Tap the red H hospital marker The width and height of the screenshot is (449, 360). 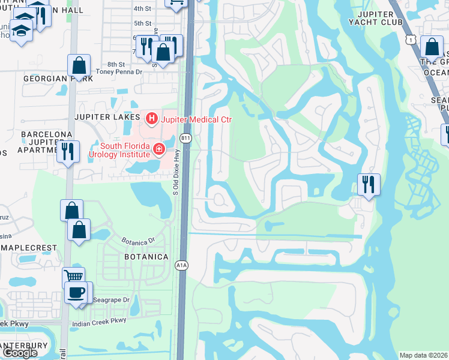coord(151,119)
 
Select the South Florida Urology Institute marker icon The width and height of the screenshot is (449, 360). coord(159,149)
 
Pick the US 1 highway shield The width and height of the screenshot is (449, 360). coord(411,38)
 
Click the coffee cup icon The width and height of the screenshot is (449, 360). coord(76,293)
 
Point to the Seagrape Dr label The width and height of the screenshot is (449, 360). coord(109,300)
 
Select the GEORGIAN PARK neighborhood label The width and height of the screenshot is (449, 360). coord(58,79)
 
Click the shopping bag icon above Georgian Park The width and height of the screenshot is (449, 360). coord(79,65)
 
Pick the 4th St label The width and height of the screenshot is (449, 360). coord(142,8)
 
